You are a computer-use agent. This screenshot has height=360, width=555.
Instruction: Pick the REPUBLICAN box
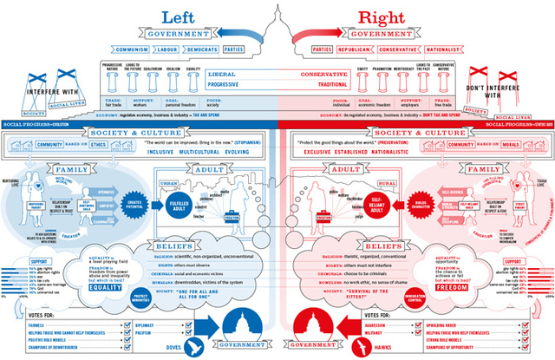[x=349, y=50]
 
